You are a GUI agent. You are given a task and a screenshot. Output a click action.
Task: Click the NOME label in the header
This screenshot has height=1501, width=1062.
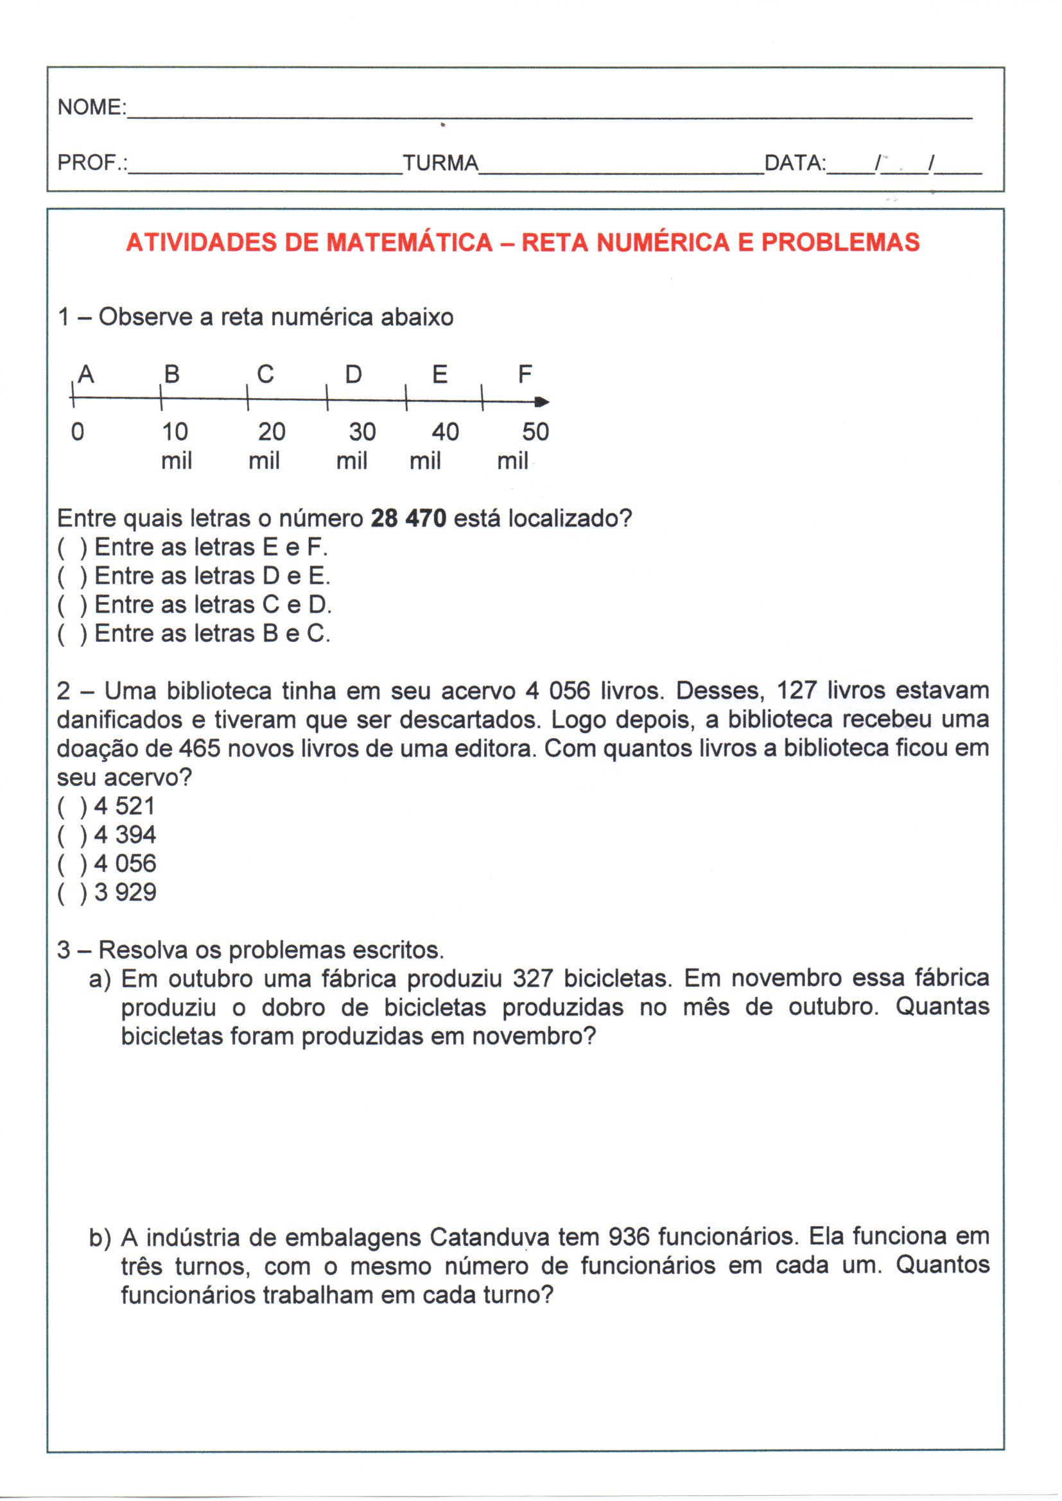91,107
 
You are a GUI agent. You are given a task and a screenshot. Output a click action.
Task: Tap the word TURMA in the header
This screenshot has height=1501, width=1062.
440,163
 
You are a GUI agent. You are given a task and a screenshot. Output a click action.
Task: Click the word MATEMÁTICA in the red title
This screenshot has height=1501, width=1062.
410,243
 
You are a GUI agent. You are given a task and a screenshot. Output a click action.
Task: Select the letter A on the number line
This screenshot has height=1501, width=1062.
86,374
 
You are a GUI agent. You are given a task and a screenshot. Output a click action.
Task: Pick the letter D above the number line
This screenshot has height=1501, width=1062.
353,374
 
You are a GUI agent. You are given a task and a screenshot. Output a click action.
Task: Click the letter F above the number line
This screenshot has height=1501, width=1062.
525,374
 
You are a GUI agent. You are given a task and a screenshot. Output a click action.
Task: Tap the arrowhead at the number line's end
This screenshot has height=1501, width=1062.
542,402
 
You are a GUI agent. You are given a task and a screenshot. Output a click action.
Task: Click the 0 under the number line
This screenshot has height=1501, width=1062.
78,432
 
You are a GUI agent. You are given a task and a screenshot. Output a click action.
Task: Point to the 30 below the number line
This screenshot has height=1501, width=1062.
361,432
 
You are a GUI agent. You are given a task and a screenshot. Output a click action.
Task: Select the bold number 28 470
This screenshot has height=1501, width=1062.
408,519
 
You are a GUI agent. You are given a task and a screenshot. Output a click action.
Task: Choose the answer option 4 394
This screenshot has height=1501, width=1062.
125,835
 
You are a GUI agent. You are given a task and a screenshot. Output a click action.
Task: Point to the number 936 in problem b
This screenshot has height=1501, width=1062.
629,1237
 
